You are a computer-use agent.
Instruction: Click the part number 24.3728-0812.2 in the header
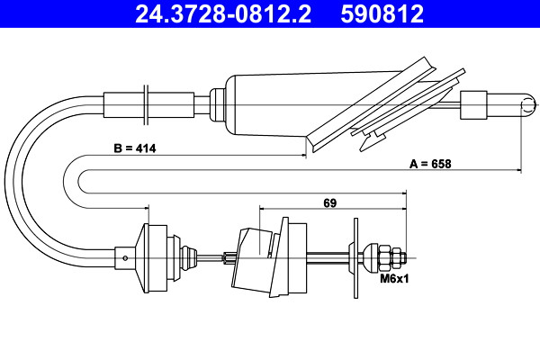click(223, 13)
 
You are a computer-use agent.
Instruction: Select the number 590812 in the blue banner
click(382, 13)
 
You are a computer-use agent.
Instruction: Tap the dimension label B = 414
click(135, 148)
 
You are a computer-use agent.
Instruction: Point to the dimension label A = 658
click(430, 164)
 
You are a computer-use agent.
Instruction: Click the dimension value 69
click(329, 202)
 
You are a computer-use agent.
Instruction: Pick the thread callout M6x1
click(394, 278)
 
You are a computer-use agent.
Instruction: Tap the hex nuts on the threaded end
click(391, 258)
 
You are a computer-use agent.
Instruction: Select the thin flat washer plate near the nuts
click(355, 258)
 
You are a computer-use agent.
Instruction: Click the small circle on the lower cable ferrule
click(125, 257)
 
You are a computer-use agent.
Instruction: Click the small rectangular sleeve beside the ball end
click(474, 105)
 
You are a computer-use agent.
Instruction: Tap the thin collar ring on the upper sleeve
click(146, 104)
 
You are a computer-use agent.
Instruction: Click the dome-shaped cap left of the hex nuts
click(371, 258)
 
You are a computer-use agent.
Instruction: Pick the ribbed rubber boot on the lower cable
click(188, 258)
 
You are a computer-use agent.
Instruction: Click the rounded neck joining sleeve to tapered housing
click(218, 104)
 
